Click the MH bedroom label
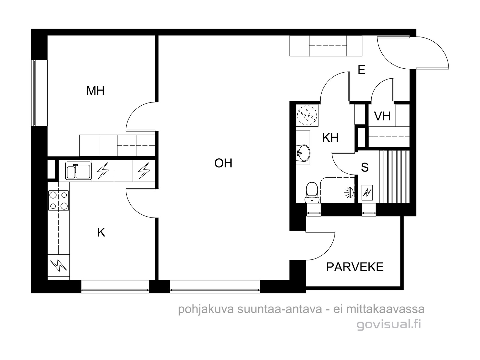pos(95,91)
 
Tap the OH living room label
pos(223,163)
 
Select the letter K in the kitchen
pos(101,232)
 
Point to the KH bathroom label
pos(330,138)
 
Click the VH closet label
pos(382,116)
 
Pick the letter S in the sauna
pos(364,167)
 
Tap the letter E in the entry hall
pos(361,70)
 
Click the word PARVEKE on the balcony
pos(355,267)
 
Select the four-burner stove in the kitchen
pos(58,200)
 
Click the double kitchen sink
pos(78,171)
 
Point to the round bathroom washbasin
pos(303,153)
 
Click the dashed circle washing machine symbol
pos(307,115)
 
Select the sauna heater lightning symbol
pos(367,193)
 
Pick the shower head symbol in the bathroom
pos(350,193)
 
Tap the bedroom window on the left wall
pos(34,93)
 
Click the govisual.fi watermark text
pos(389,324)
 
